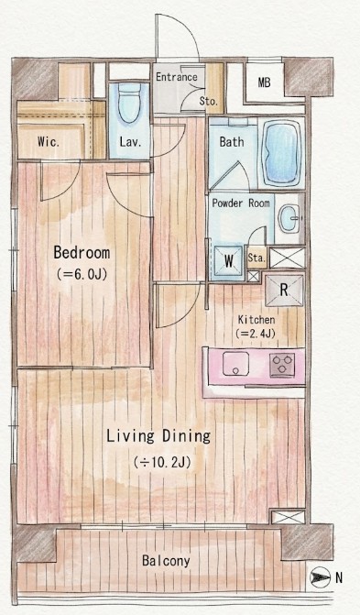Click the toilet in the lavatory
click(129, 103)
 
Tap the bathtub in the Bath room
click(281, 152)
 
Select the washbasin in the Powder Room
click(289, 218)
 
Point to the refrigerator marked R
click(284, 290)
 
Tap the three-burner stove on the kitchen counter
click(282, 365)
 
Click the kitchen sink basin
click(235, 364)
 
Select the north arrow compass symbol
click(318, 577)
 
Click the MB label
click(265, 82)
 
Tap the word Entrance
click(177, 77)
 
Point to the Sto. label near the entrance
click(208, 101)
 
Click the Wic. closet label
click(49, 141)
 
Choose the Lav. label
click(131, 142)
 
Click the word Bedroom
click(82, 253)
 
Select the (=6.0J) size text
click(82, 274)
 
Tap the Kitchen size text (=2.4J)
click(256, 334)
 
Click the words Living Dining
click(158, 436)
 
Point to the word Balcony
click(166, 561)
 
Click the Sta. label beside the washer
click(256, 258)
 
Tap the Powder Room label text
click(241, 203)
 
